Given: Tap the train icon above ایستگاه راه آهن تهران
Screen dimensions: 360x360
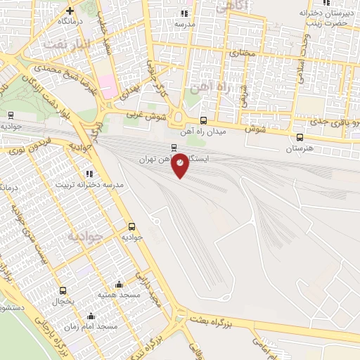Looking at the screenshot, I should [x=174, y=148].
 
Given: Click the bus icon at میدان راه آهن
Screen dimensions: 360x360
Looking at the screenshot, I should [x=203, y=120].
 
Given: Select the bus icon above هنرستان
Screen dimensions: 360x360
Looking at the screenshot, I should [x=300, y=137].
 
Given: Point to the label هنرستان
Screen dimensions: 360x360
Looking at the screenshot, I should [x=300, y=149].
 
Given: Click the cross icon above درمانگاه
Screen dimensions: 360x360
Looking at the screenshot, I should [x=70, y=11].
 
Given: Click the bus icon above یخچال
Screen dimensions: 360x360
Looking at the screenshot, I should [x=63, y=290].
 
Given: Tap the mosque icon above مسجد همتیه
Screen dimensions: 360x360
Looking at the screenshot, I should [x=119, y=285].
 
